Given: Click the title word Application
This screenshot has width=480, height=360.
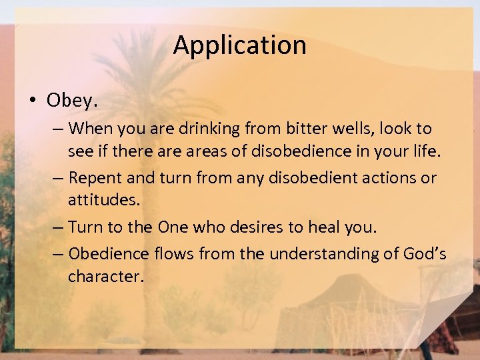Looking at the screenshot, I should point(239,45).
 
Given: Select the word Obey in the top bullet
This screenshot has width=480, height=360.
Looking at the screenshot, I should point(71,101).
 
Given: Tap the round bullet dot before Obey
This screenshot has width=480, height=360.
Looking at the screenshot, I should point(32,101).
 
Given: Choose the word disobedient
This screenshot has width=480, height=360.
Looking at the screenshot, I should point(302,178).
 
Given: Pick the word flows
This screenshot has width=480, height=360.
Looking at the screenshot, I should point(171,253).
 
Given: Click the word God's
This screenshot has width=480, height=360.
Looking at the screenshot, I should point(425,253).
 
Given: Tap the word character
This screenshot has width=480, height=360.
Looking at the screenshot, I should point(105,276).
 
